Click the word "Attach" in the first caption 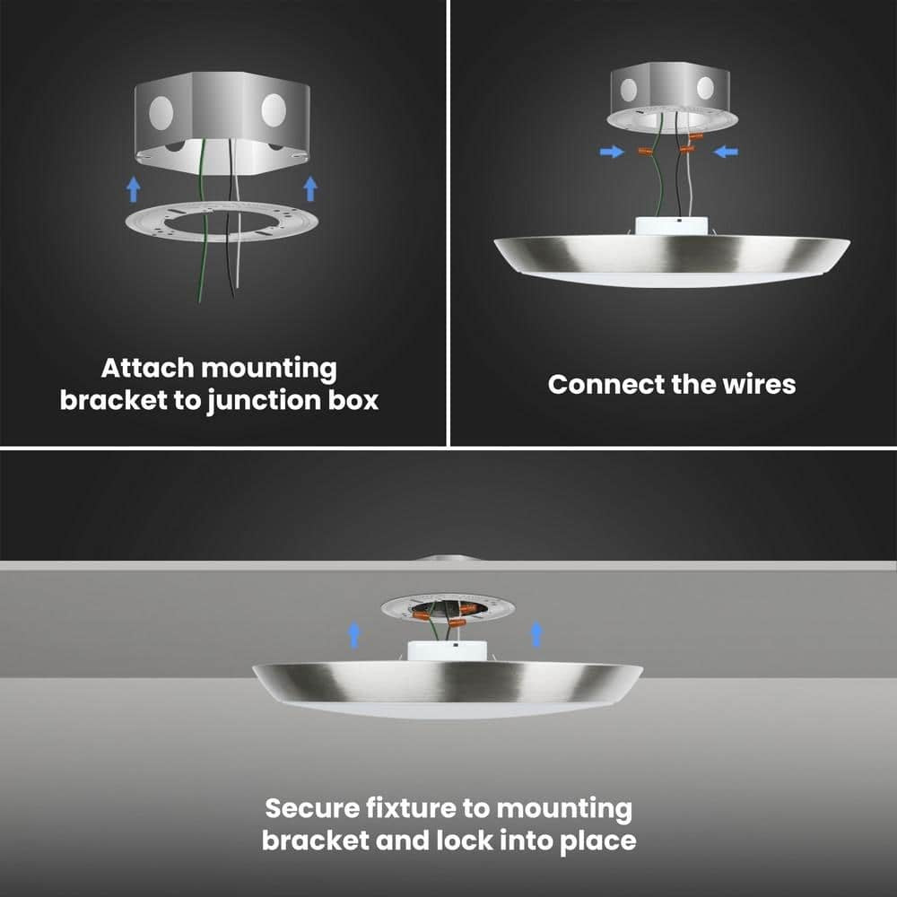tap(149, 368)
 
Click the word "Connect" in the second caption tap(606, 385)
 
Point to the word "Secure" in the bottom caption tap(312, 808)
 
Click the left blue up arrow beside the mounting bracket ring tap(134, 188)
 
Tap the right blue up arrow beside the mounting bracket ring tap(310, 188)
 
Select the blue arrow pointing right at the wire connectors tap(612, 152)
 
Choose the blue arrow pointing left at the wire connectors tap(727, 152)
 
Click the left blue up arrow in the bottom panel tap(354, 635)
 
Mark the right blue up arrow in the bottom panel tap(536, 635)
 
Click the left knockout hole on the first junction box tap(161, 112)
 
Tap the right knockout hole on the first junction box tap(274, 109)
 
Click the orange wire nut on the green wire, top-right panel tap(645, 151)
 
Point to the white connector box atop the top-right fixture tap(672, 225)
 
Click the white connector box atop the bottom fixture tap(448, 651)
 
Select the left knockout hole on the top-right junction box tap(629, 90)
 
